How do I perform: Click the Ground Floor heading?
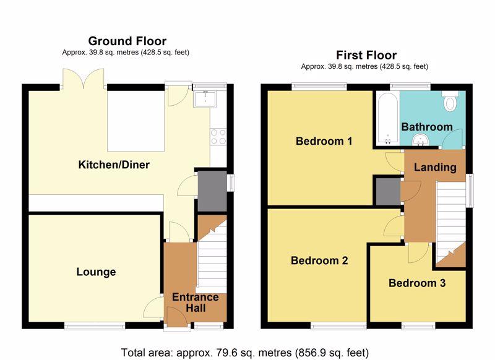point(127,41)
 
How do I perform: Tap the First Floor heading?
point(366,55)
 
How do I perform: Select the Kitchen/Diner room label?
point(114,165)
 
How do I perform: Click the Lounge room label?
point(96,272)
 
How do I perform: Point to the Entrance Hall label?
point(196,302)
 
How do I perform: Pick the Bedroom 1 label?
point(324,141)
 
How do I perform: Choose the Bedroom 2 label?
point(319,260)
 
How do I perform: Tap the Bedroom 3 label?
point(417,283)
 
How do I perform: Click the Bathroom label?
point(427,127)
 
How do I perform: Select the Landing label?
point(435,167)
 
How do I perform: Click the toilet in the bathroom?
point(450,100)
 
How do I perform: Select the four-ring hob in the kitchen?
point(218,137)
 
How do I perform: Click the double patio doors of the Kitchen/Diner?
point(84,79)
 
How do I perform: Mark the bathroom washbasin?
point(420,140)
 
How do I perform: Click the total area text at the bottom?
point(244,353)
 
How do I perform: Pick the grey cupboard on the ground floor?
point(212,191)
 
